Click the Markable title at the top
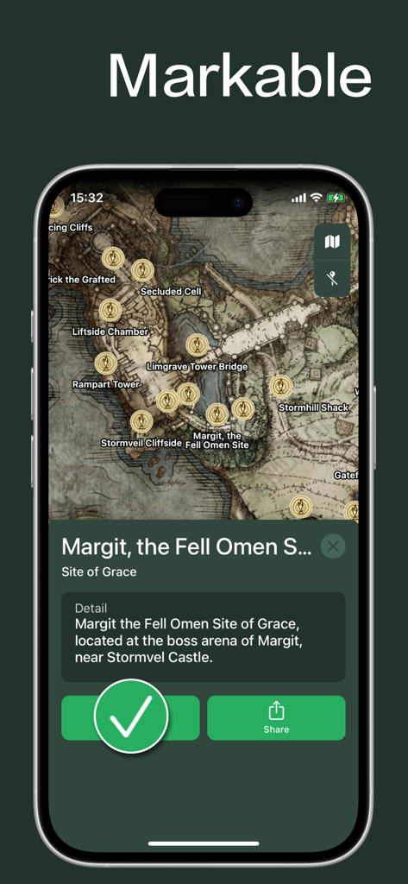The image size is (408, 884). pyautogui.click(x=239, y=76)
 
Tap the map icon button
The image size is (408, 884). pyautogui.click(x=332, y=243)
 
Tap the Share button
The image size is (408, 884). pyautogui.click(x=276, y=717)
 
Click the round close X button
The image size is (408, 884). pyautogui.click(x=333, y=546)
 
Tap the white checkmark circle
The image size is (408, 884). pyautogui.click(x=131, y=716)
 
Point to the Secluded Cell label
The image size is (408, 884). pyautogui.click(x=171, y=292)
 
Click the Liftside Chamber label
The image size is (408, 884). pyautogui.click(x=110, y=331)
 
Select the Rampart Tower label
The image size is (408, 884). pyautogui.click(x=105, y=384)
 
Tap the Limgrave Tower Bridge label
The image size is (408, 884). pyautogui.click(x=198, y=367)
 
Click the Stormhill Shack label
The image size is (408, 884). pyautogui.click(x=313, y=407)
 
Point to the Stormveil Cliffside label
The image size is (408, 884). pyautogui.click(x=141, y=443)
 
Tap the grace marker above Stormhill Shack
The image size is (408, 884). pyautogui.click(x=281, y=386)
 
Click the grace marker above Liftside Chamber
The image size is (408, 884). pyautogui.click(x=110, y=310)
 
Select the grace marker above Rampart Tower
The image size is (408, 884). pyautogui.click(x=106, y=363)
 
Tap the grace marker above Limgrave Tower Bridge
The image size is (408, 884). pyautogui.click(x=198, y=345)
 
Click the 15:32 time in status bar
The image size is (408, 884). pyautogui.click(x=86, y=198)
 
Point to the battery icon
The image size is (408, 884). pyautogui.click(x=336, y=198)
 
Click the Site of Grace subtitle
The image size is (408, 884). pyautogui.click(x=99, y=571)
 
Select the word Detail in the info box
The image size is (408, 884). pyautogui.click(x=91, y=609)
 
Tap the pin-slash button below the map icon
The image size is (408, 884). pyautogui.click(x=332, y=278)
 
